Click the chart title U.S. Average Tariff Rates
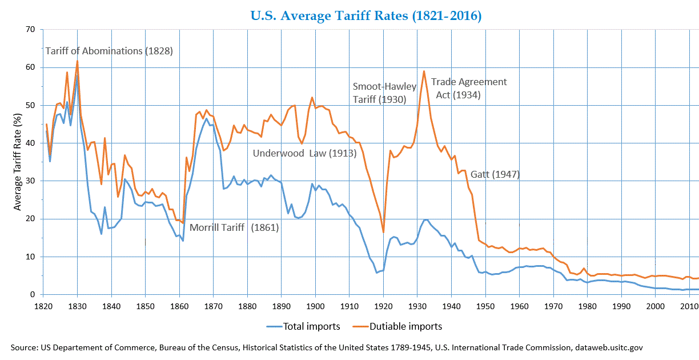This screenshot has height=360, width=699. [x=366, y=15]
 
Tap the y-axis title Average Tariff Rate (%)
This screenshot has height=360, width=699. [x=18, y=162]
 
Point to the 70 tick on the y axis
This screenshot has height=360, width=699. [x=30, y=29]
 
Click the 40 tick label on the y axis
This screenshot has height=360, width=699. [x=30, y=143]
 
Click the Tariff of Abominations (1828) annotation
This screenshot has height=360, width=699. [x=109, y=51]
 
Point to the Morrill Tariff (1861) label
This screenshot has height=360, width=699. [x=234, y=227]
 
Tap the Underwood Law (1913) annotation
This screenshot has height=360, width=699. [x=304, y=153]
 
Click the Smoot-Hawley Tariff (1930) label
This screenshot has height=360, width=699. [x=380, y=93]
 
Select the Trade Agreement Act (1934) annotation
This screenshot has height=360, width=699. [x=468, y=88]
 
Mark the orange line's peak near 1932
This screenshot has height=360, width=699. [x=424, y=71]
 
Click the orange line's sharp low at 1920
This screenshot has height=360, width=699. [x=384, y=232]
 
